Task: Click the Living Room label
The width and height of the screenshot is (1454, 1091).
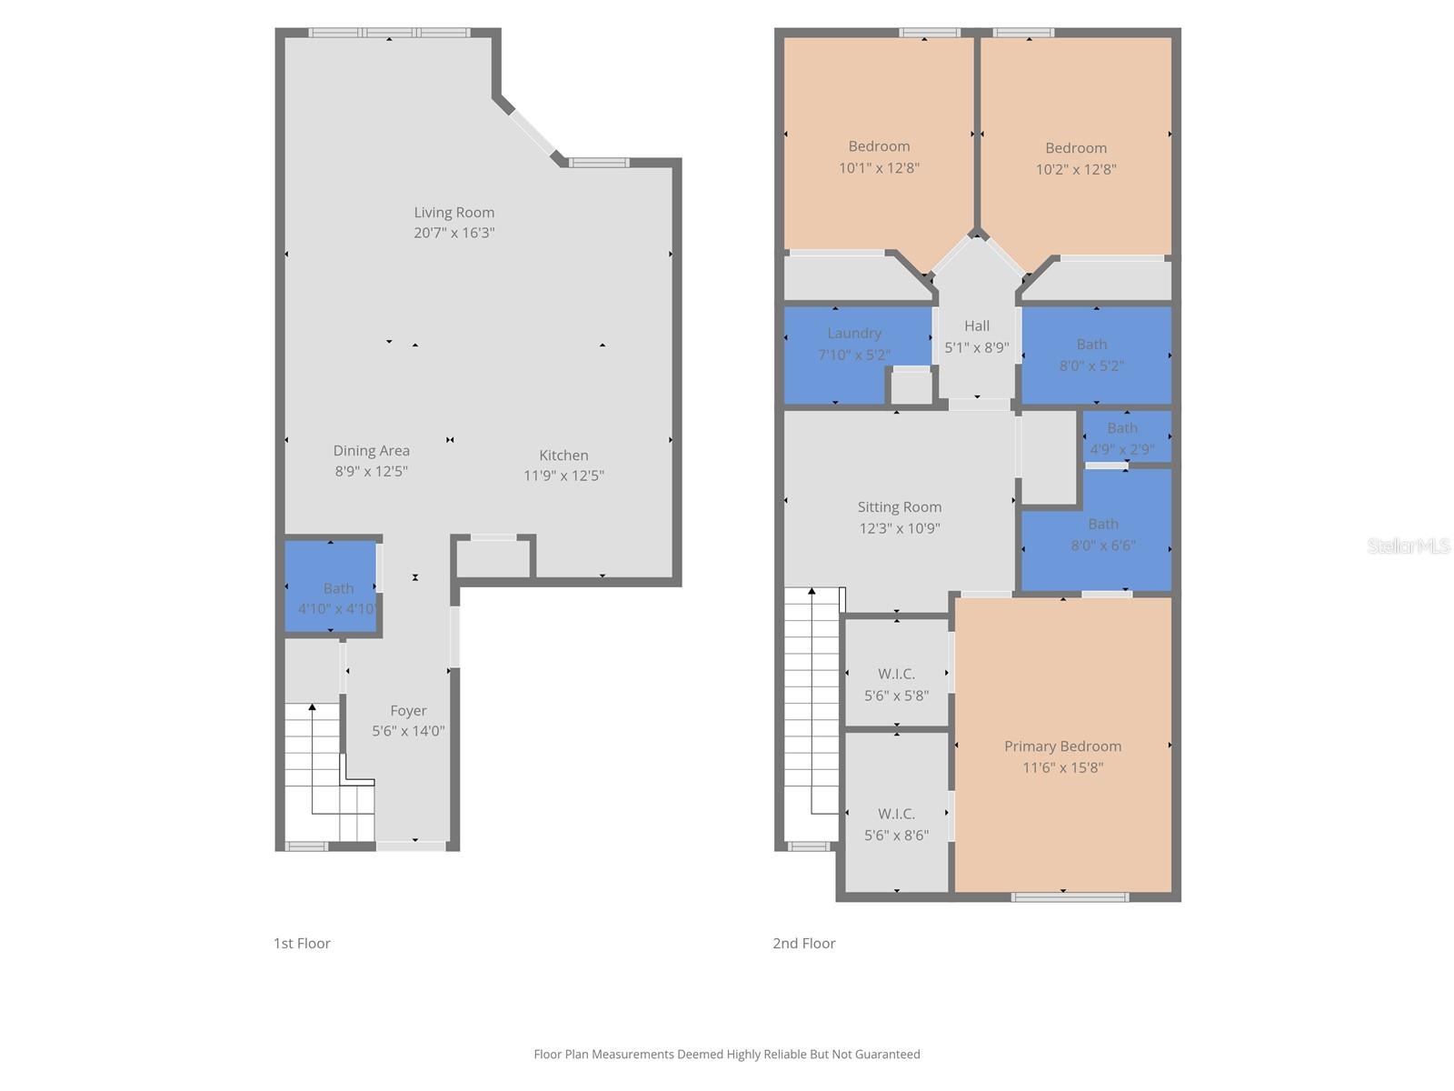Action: [x=453, y=213]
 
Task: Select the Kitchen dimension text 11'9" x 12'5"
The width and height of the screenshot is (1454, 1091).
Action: [x=563, y=475]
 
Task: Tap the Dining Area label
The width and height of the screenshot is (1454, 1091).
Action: [x=371, y=451]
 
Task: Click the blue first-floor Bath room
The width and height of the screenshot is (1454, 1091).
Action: [x=331, y=586]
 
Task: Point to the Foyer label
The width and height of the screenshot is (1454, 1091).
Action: [x=408, y=711]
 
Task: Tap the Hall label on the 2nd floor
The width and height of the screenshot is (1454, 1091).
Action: [x=977, y=325]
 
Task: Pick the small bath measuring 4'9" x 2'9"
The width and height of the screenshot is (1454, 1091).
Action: [x=1123, y=437]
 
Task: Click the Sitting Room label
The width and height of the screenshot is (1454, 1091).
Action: [x=899, y=507]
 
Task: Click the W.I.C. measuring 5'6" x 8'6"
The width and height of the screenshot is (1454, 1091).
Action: [x=896, y=824]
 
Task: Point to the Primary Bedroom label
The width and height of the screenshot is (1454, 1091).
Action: [x=1062, y=746]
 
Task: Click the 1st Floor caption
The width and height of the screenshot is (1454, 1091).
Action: [x=302, y=944]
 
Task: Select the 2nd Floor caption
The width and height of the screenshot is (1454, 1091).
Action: [x=803, y=944]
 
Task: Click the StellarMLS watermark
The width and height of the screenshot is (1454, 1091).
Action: [x=1408, y=546]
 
